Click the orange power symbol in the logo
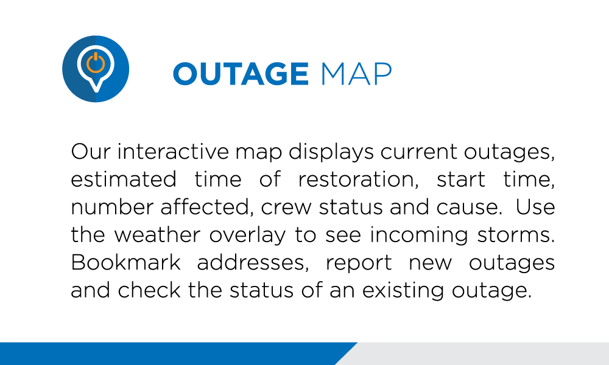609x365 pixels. pos(96,62)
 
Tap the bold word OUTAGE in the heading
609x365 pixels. pos(241,74)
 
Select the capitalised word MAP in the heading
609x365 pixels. pos(356,74)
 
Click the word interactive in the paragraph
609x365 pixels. pos(173,151)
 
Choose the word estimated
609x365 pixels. pos(124,179)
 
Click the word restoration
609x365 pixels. pos(358,179)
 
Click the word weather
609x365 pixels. pos(157,235)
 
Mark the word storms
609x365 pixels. pos(516,235)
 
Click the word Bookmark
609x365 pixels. pos(126,263)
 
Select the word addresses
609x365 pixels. pos(253,263)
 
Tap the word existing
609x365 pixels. pos(403,291)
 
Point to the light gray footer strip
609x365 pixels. pos(477,354)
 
